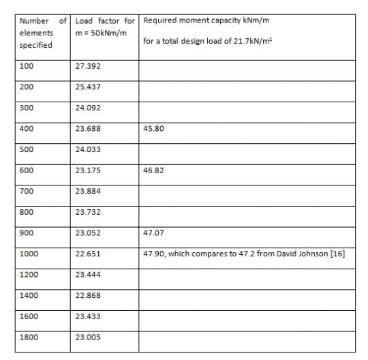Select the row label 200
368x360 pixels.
[27, 88]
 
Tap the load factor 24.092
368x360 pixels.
[87, 107]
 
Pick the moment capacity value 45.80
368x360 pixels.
[153, 125]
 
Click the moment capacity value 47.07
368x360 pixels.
[153, 232]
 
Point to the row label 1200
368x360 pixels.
[29, 273]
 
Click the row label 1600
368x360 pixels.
[29, 315]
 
